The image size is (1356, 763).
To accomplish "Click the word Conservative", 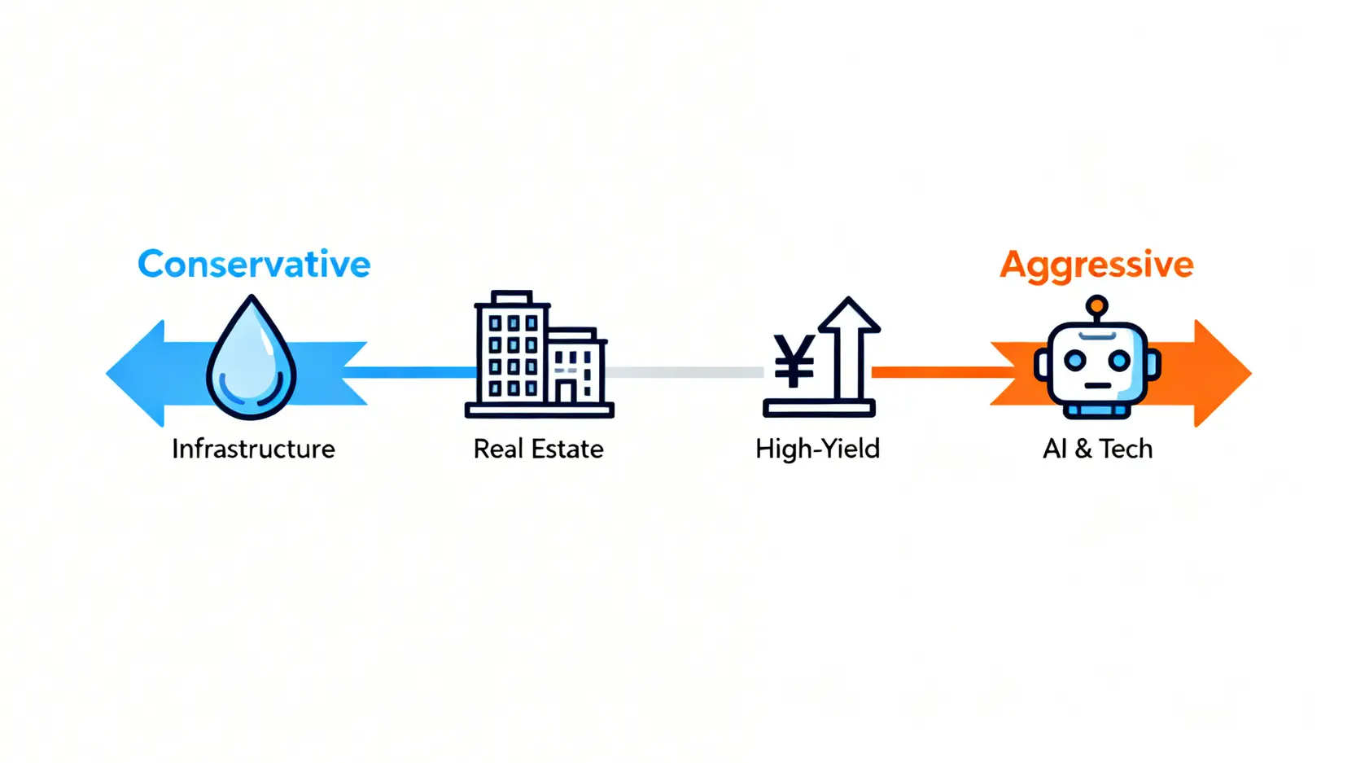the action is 254,264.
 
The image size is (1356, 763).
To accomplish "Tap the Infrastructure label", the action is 253,449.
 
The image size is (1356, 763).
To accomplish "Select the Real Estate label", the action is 538,449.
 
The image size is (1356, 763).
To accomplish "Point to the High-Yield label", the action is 817,449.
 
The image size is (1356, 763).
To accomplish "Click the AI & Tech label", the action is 1097,449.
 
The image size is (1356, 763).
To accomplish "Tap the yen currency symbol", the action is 794,361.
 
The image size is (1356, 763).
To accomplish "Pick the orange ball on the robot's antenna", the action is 1097,305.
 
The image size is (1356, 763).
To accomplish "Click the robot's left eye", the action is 1075,361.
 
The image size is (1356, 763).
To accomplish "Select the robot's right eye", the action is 1118,361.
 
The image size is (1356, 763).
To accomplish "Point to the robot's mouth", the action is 1097,386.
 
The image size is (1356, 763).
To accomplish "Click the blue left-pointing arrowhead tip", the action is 107,374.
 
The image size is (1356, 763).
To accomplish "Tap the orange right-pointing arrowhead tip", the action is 1251,374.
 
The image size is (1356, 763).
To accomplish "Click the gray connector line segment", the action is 684,372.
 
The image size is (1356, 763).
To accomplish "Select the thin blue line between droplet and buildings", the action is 409,372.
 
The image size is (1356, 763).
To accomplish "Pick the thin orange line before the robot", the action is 944,372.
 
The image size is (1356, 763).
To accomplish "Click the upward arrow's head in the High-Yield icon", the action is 849,315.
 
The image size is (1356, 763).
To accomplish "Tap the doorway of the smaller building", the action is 566,392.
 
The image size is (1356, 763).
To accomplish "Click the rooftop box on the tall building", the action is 512,296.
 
